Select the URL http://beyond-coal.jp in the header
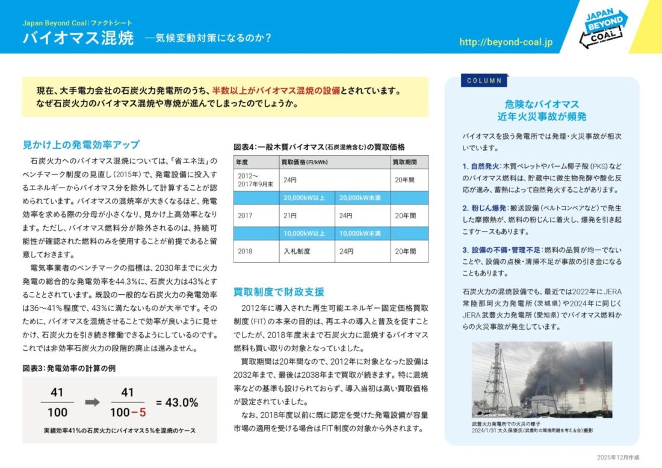tap(506, 43)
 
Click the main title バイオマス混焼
tap(78, 38)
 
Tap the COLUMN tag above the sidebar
tap(484, 81)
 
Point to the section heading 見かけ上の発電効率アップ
tap(81, 145)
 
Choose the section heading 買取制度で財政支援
tap(279, 292)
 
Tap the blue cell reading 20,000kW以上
tap(305, 198)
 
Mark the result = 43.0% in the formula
tap(177, 402)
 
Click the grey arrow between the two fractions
tap(92, 402)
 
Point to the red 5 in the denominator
tap(142, 413)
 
